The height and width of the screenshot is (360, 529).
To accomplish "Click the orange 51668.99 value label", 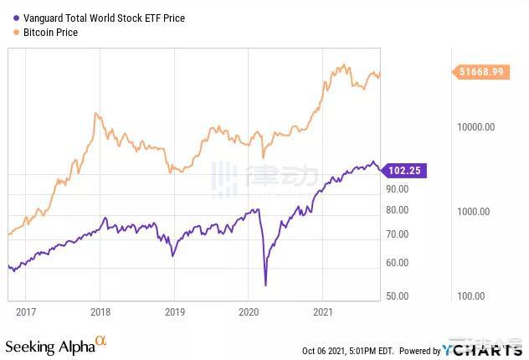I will point(480,73).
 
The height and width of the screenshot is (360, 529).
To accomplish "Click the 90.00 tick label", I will point(397,189).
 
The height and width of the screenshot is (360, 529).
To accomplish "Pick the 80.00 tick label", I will point(397,210).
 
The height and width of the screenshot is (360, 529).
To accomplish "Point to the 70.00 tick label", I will point(397,234).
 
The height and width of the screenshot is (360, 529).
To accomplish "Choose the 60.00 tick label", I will point(397,263).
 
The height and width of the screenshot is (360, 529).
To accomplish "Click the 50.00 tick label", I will point(397,296).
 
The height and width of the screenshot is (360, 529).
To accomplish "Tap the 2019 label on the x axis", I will point(174,311).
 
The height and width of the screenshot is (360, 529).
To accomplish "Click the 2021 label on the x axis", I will point(323,311).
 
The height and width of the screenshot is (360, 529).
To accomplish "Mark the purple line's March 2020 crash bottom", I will point(265,285).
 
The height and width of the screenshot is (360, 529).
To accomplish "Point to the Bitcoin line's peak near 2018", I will point(97,113).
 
